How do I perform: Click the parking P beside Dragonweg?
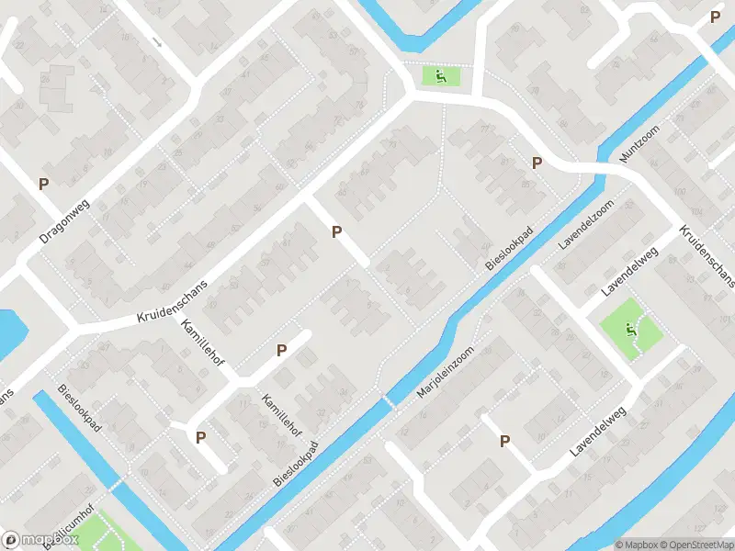43,184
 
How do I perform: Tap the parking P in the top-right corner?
715,17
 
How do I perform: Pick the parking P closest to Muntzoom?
537,163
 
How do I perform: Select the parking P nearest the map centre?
337,232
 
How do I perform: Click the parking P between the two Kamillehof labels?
281,350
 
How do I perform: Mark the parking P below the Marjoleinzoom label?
504,442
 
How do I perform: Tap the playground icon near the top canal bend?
440,77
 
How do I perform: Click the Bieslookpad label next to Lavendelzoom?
510,250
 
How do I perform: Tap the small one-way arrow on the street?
157,42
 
